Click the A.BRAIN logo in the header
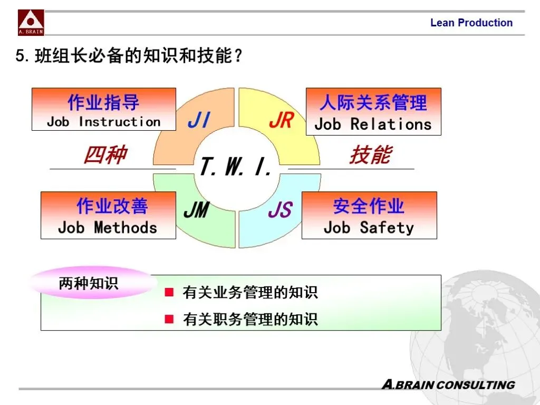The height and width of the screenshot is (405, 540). pyautogui.click(x=31, y=22)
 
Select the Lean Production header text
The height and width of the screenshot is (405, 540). pyautogui.click(x=471, y=23)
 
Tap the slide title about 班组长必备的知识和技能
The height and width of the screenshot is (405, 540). pyautogui.click(x=130, y=55)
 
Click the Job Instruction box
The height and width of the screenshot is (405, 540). pyautogui.click(x=104, y=110)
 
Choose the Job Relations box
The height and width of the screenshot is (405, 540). pyautogui.click(x=373, y=112)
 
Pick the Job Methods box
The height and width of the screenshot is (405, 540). pyautogui.click(x=108, y=215)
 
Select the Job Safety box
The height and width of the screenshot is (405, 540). pyautogui.click(x=369, y=215)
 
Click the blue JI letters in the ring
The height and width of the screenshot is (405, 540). pyautogui.click(x=199, y=121)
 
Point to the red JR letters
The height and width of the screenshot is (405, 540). pyautogui.click(x=281, y=121)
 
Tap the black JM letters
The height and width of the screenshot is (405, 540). pyautogui.click(x=196, y=211)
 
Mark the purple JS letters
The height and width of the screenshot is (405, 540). pyautogui.click(x=279, y=211)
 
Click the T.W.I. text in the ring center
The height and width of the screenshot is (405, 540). pyautogui.click(x=236, y=167)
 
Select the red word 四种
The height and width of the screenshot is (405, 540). pyautogui.click(x=105, y=155)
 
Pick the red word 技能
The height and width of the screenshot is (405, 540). pyautogui.click(x=370, y=155)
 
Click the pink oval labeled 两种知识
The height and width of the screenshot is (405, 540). pyautogui.click(x=89, y=283)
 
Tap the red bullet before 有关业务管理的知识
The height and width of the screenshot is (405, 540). pyautogui.click(x=169, y=292)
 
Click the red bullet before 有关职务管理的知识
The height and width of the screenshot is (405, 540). pyautogui.click(x=169, y=319)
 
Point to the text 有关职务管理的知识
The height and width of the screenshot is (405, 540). pyautogui.click(x=250, y=319)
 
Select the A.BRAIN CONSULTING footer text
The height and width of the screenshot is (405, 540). pyautogui.click(x=448, y=384)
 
